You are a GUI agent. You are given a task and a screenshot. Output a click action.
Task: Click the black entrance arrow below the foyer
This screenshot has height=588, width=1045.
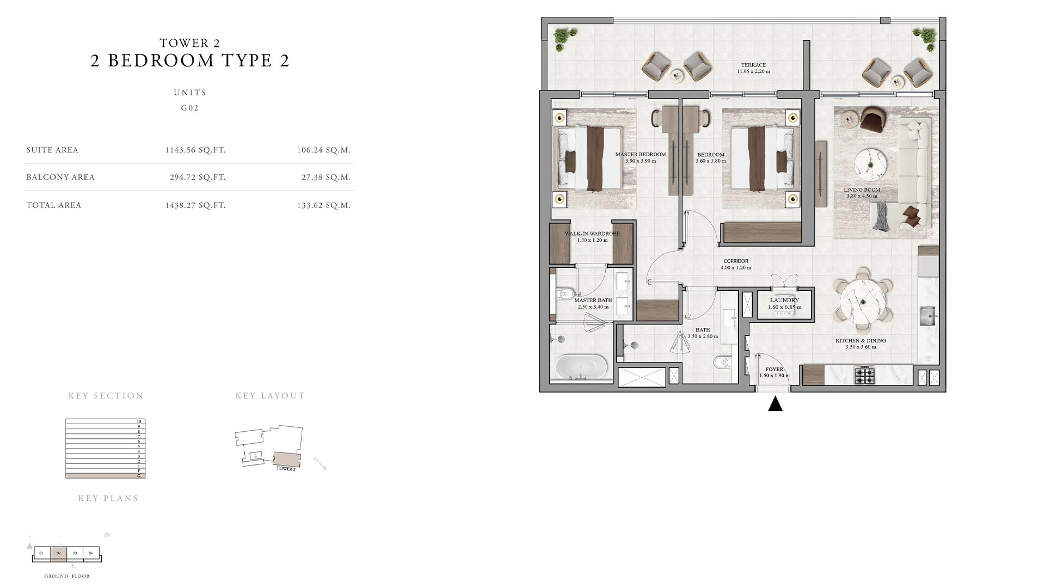click(775, 404)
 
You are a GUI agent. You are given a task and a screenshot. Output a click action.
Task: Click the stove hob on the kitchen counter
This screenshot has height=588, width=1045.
click(864, 375)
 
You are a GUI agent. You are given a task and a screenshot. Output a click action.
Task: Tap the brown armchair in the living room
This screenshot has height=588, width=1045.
click(873, 119)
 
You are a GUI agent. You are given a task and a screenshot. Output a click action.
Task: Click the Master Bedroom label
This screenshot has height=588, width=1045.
click(641, 155)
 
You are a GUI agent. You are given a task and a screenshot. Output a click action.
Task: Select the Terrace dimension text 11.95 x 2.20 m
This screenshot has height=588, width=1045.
click(754, 72)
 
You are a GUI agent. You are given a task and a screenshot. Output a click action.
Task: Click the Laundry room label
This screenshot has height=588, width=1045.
click(784, 301)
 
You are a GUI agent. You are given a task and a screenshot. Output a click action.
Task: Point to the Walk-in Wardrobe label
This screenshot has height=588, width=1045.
click(592, 234)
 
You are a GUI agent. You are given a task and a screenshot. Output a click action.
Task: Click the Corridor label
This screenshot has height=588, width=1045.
click(736, 261)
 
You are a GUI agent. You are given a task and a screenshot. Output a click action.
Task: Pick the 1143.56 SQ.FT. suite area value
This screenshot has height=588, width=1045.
click(195, 150)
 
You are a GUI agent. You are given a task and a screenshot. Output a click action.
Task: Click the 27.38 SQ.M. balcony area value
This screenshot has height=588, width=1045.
click(326, 177)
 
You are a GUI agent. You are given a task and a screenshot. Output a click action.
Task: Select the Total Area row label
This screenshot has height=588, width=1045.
click(54, 205)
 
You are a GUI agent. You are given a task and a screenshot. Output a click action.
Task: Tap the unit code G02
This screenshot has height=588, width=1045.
click(190, 108)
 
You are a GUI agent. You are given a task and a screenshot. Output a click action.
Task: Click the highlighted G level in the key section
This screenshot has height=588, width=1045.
click(105, 476)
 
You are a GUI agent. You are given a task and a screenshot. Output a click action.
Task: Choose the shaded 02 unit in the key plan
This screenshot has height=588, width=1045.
click(58, 554)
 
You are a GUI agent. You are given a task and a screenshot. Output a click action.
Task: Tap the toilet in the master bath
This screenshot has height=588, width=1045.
click(564, 295)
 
